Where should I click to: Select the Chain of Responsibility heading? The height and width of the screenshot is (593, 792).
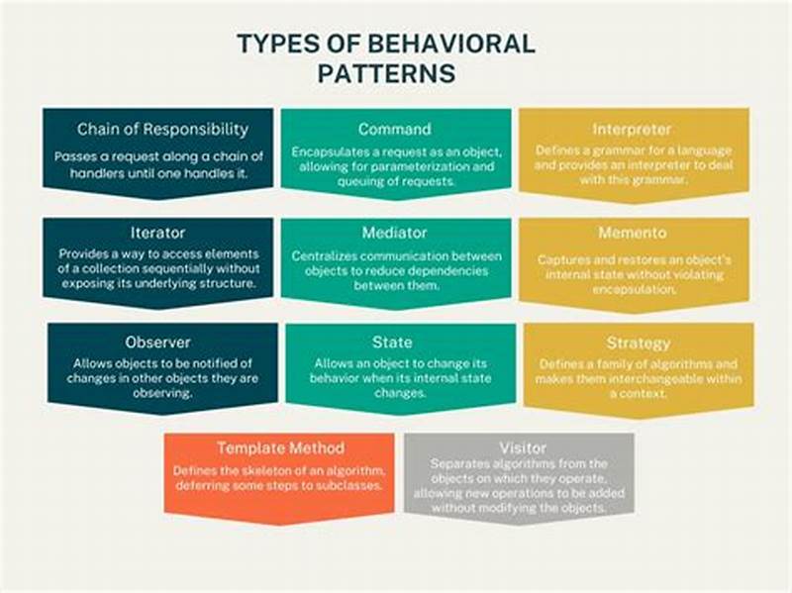(162, 129)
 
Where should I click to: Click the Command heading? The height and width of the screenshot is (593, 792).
(395, 129)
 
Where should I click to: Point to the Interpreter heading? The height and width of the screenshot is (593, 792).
(633, 129)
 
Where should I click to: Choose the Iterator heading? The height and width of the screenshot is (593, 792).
(157, 234)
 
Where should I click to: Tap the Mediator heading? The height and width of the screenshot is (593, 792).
(395, 234)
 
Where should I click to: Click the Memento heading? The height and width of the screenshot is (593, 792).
(633, 234)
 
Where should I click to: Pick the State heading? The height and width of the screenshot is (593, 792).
(393, 342)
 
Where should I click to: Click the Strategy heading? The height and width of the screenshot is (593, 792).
(639, 344)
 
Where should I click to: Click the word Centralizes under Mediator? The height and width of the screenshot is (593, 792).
(328, 255)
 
